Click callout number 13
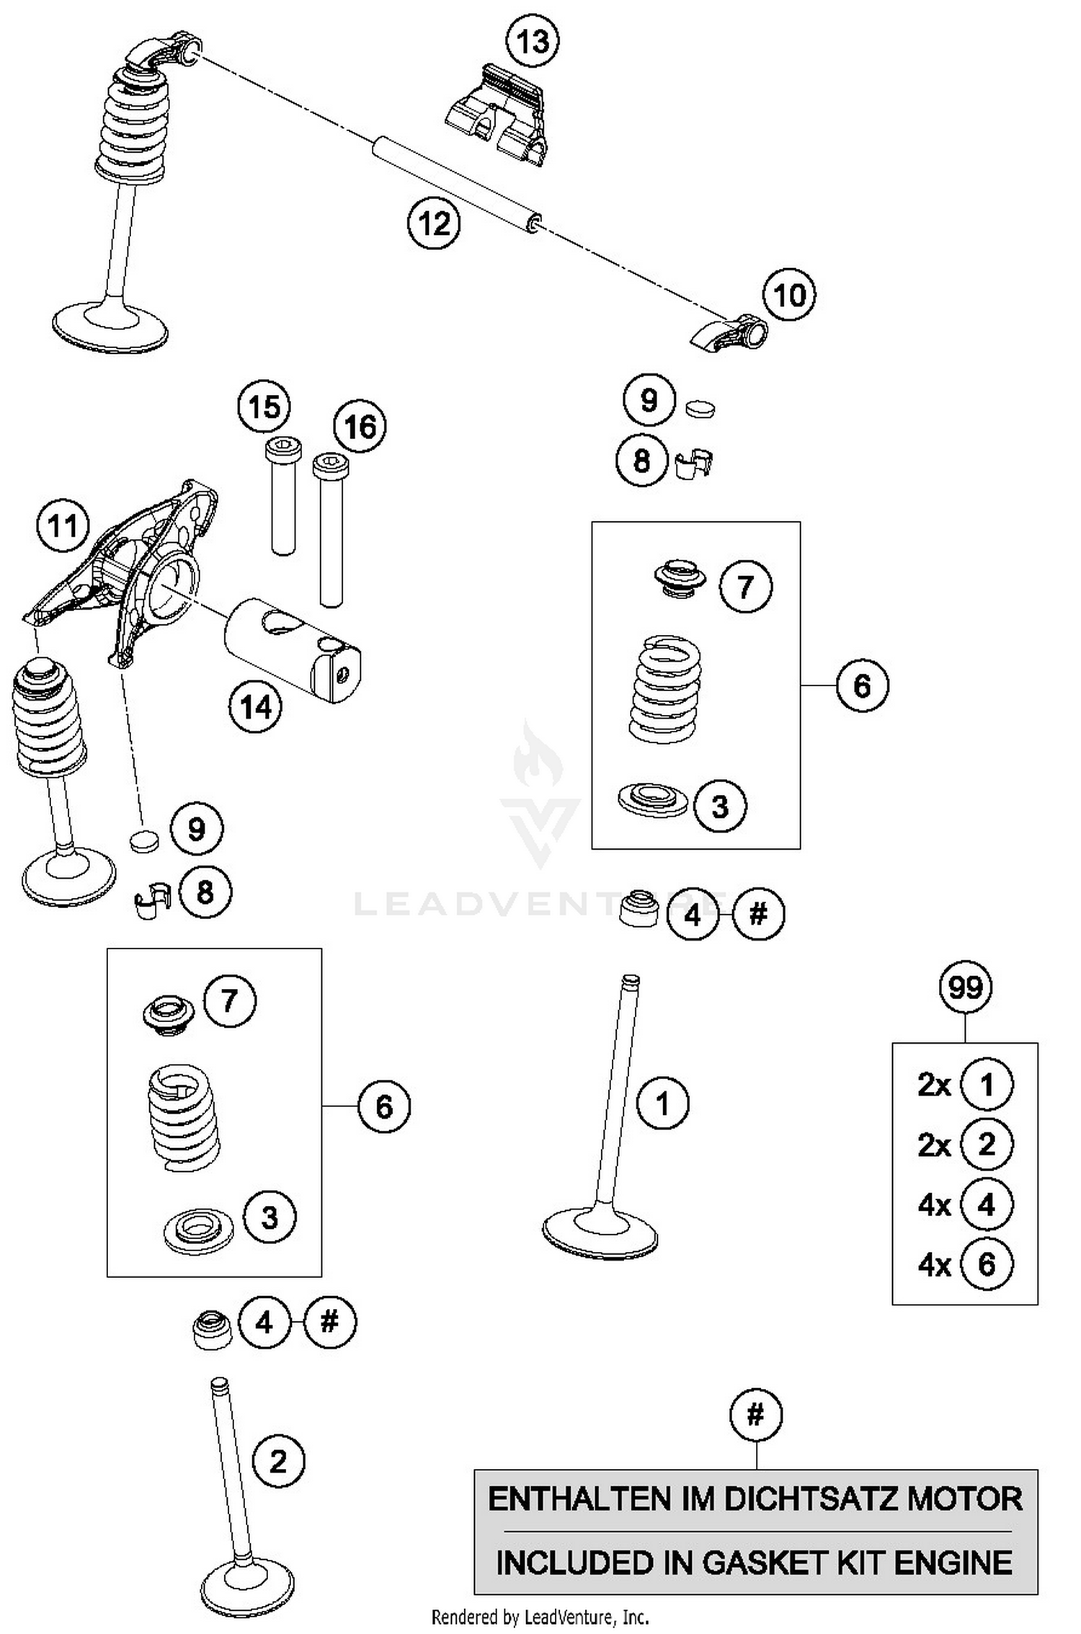click(533, 41)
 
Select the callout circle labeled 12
click(434, 223)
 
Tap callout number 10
click(789, 294)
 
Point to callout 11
click(62, 525)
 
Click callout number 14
click(256, 706)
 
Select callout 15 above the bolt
click(264, 407)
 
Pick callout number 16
click(360, 427)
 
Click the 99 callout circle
click(965, 987)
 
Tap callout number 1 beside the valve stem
click(663, 1104)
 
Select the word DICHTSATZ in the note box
click(811, 1499)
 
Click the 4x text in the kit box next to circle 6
click(934, 1264)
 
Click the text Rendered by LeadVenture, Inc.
click(540, 1617)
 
